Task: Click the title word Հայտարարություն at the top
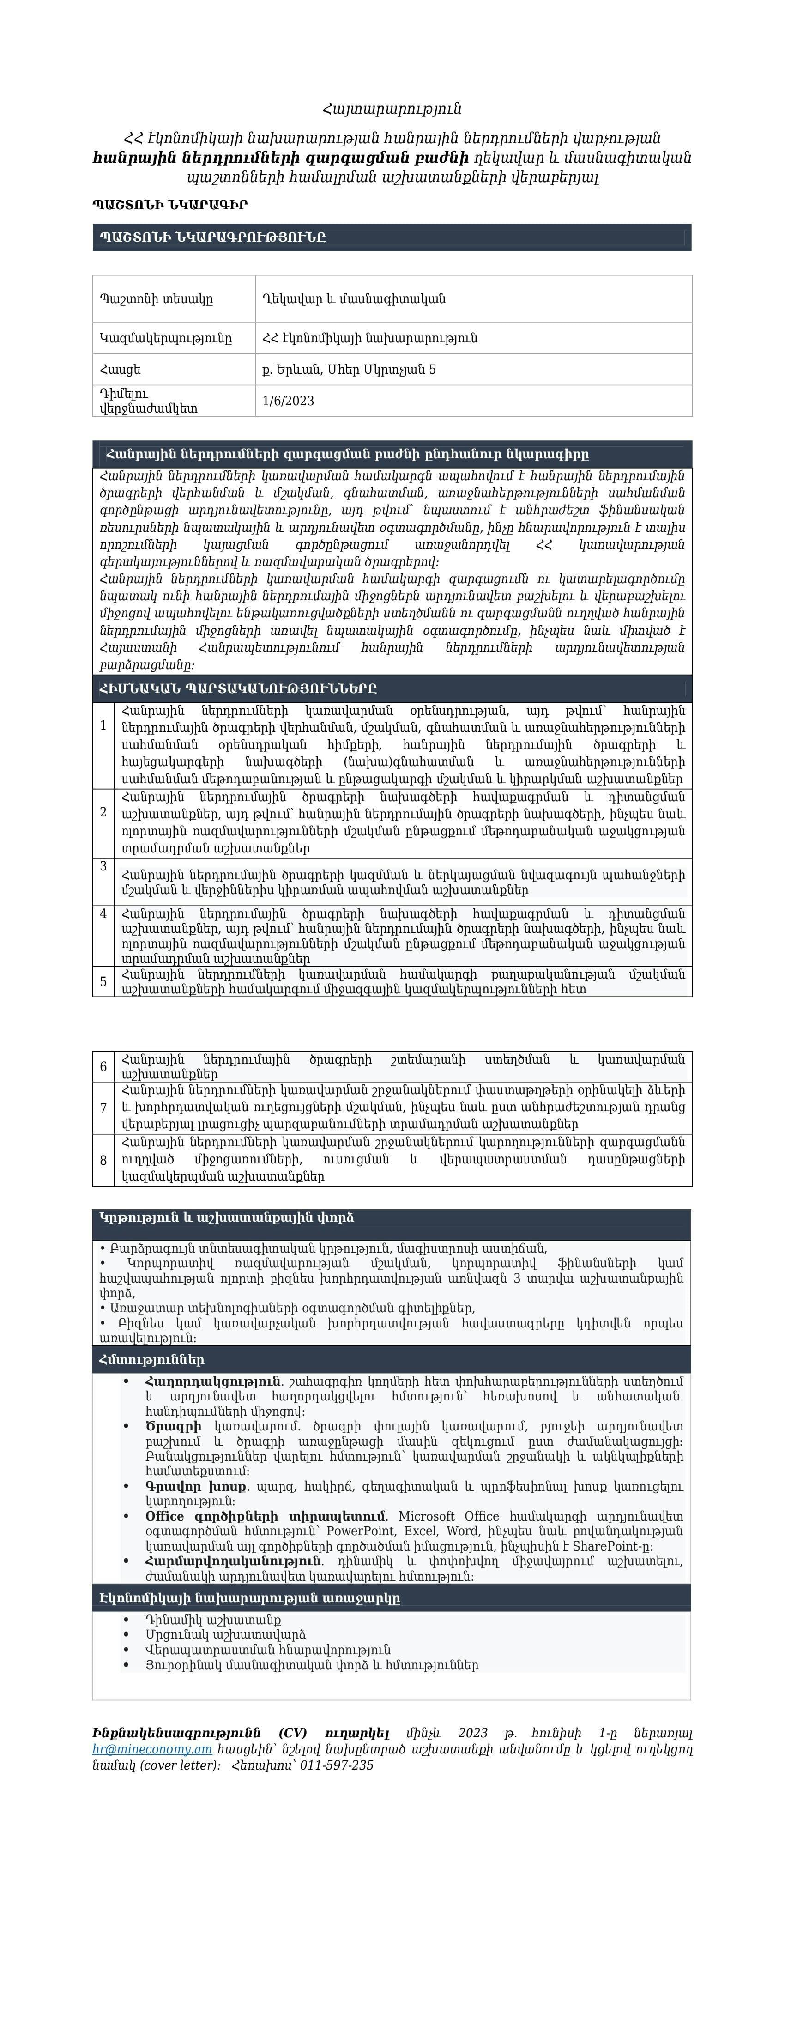point(392,108)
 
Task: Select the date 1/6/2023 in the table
point(288,401)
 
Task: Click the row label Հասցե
point(121,369)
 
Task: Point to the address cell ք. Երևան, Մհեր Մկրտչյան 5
point(349,369)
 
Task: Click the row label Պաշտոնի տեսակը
point(156,298)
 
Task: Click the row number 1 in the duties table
point(103,725)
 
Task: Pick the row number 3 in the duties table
point(103,866)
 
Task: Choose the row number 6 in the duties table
point(103,1067)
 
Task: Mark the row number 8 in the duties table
point(103,1160)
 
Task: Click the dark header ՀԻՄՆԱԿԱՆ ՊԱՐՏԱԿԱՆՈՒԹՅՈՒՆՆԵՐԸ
point(238,688)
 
